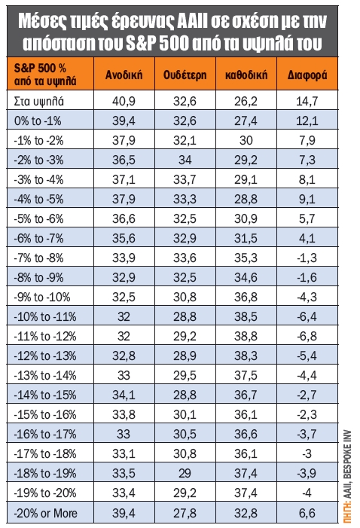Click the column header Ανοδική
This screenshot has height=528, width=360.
tap(124, 75)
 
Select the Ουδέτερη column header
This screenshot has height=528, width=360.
tap(185, 75)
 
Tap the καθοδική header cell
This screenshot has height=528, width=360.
tap(246, 75)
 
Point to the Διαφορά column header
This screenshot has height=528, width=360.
tap(307, 75)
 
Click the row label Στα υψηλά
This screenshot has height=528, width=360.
tap(38, 102)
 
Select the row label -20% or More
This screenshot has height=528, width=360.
tap(45, 513)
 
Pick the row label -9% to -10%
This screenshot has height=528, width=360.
tap(42, 297)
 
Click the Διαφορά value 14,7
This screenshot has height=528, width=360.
tap(307, 101)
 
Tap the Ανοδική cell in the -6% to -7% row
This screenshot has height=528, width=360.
tap(124, 239)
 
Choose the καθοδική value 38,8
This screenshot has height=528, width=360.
tap(246, 336)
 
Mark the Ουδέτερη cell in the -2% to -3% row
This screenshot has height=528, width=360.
tap(185, 160)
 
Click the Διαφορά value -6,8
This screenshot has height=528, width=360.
tap(307, 336)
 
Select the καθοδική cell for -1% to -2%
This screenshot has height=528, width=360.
tap(246, 140)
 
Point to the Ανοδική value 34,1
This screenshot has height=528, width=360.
tap(124, 395)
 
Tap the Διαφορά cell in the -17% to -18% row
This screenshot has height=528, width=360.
tap(307, 453)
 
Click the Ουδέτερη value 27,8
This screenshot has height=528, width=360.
tap(185, 513)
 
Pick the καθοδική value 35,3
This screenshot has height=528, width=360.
tap(246, 258)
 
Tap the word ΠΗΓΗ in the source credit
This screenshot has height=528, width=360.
tap(348, 512)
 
